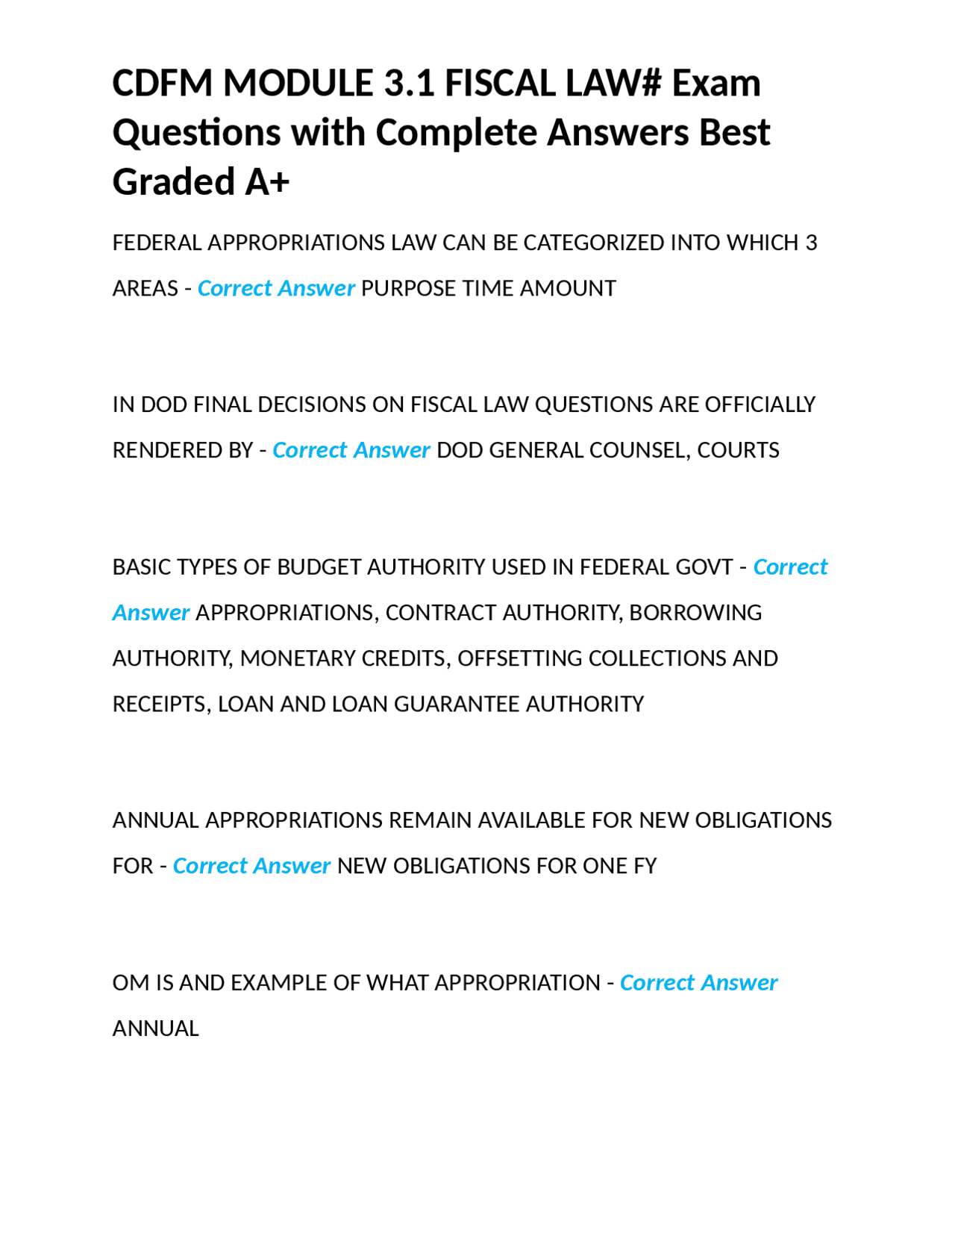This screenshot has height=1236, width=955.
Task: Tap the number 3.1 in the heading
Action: (x=409, y=83)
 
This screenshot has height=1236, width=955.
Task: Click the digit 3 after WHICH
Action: (x=811, y=243)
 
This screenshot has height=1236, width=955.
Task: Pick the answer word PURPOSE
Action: (x=408, y=289)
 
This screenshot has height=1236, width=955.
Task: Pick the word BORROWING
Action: (x=695, y=613)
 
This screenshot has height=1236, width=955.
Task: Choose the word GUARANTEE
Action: (x=456, y=705)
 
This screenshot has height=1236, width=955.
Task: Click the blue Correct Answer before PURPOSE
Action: (x=276, y=289)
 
